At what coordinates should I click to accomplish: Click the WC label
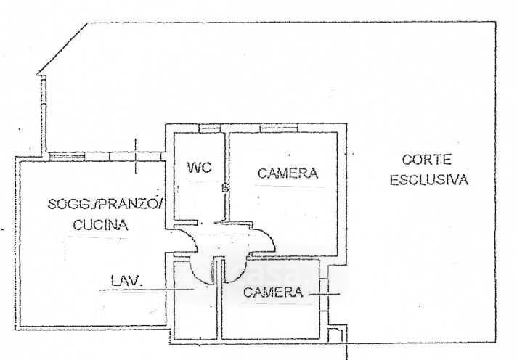click(199, 168)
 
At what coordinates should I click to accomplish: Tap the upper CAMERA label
click(288, 173)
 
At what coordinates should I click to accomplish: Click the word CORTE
click(428, 160)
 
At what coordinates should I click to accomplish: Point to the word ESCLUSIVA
click(428, 180)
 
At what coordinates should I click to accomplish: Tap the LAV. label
click(124, 279)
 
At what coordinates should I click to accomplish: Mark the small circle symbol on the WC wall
click(225, 189)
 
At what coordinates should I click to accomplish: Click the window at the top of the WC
click(209, 128)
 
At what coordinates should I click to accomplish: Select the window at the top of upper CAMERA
click(279, 128)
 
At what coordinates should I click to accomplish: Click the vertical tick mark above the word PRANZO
click(136, 156)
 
